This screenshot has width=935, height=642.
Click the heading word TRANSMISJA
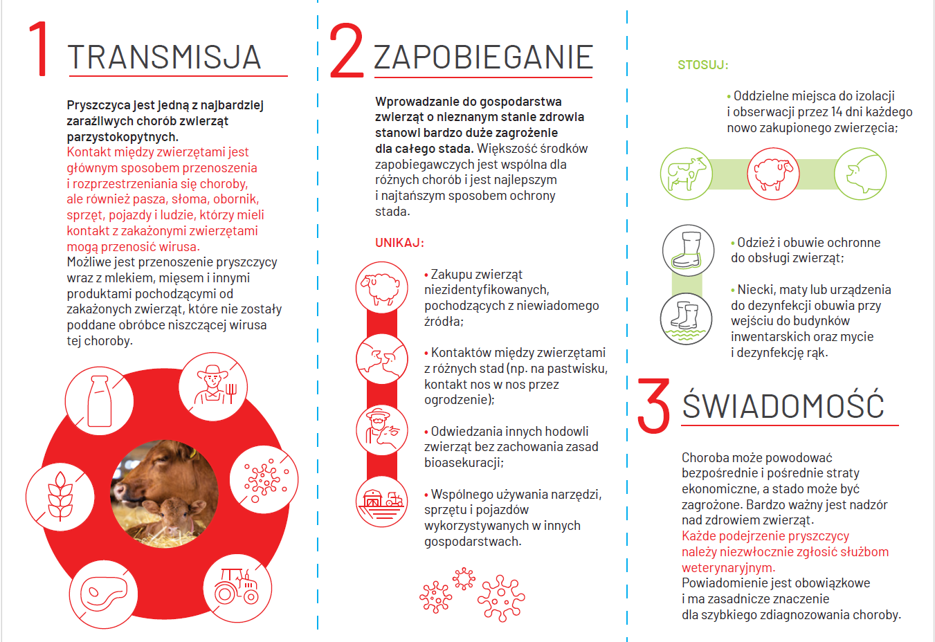click(164, 57)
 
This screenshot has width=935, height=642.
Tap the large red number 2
click(346, 51)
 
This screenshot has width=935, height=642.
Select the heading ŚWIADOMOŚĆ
click(783, 405)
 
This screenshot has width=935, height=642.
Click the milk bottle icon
click(99, 401)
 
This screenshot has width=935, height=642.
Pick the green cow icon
click(686, 174)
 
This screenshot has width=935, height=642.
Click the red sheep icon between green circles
click(773, 174)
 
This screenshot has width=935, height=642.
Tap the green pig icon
click(860, 174)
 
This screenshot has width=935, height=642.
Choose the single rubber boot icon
click(688, 250)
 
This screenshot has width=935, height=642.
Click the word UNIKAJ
click(399, 243)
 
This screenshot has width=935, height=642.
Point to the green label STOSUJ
click(702, 65)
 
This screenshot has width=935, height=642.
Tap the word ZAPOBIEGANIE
click(483, 57)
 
